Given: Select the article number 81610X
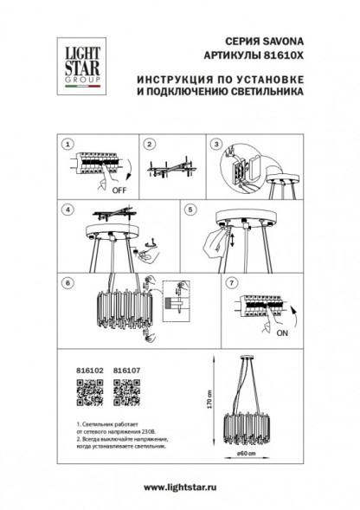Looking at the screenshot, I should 280,55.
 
